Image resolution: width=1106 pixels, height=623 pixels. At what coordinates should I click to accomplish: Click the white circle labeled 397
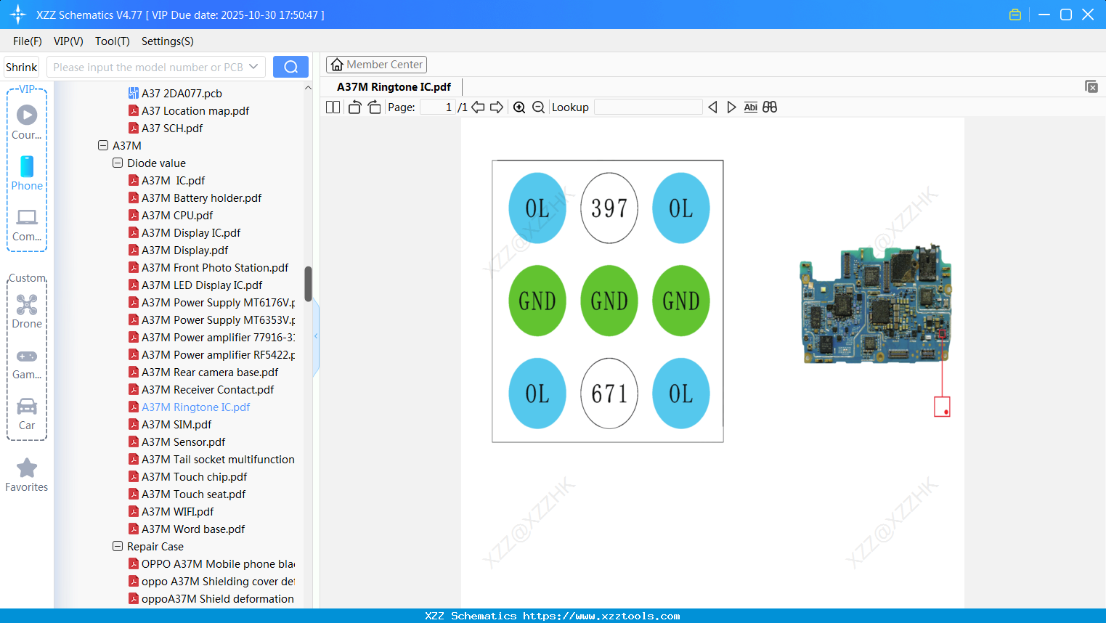coord(609,208)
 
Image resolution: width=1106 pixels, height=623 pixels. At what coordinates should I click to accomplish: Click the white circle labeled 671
coord(609,394)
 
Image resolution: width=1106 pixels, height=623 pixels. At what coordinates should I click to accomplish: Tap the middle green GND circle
coord(609,301)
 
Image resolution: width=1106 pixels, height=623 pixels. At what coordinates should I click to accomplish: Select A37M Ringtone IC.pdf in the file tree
coord(195,407)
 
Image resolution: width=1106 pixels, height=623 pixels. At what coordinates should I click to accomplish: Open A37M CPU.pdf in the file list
coord(177,216)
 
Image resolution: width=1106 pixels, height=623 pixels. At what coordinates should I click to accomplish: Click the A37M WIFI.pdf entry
coord(177,512)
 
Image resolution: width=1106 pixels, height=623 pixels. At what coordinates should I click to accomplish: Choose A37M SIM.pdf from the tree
coord(176,425)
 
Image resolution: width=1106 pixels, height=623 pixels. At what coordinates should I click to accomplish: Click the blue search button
coord(290,67)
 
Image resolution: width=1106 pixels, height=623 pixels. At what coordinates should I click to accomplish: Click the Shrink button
coord(21,67)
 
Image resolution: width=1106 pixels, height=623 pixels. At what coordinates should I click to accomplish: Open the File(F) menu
coord(28,41)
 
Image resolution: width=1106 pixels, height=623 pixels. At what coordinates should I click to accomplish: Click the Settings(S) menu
coord(167,41)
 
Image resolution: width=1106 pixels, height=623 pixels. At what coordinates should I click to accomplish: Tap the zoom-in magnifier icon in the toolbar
coord(519,107)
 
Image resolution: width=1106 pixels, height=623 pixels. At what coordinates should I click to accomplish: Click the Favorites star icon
coord(27,468)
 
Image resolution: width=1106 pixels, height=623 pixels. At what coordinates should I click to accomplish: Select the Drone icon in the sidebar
coord(27,306)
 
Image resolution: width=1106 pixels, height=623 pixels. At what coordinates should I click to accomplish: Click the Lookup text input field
coord(648,107)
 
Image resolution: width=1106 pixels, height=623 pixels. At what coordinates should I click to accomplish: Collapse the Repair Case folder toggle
coord(118,547)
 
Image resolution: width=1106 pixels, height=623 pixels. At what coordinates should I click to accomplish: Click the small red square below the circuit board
coord(942,407)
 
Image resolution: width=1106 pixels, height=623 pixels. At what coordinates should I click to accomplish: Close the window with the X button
coord(1088,15)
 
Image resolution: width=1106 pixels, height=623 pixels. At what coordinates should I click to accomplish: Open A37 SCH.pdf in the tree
coord(172,129)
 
